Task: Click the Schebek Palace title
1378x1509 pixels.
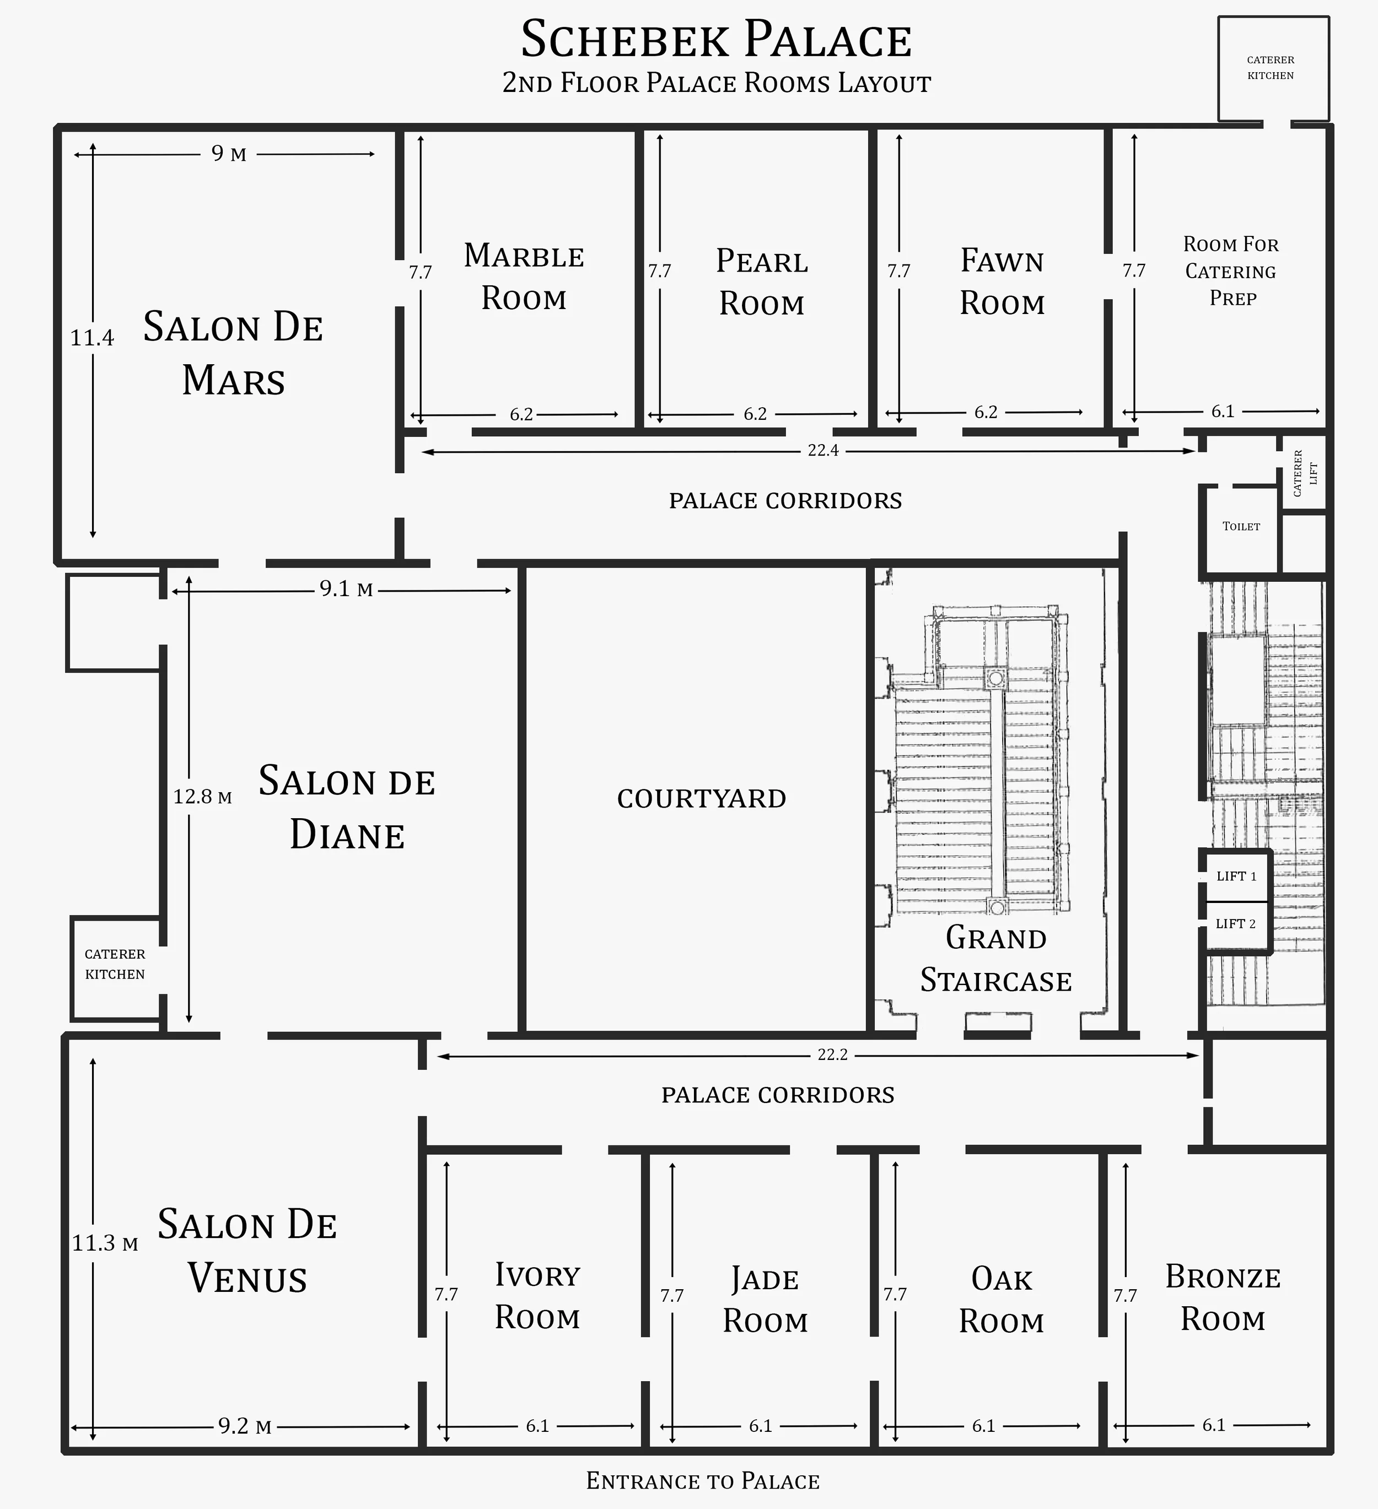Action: coord(716,40)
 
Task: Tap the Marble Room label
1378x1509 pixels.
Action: coord(524,277)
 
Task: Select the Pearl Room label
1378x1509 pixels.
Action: coord(762,282)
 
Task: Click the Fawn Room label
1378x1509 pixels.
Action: coord(1002,282)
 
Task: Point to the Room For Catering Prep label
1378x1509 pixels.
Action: coord(1231,271)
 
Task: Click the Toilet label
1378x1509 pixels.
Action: coord(1241,526)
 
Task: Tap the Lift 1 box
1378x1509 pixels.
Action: coord(1236,876)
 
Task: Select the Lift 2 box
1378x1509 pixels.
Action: coord(1236,924)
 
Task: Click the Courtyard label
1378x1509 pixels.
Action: coord(702,799)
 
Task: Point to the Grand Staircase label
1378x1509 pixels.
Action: coord(996,959)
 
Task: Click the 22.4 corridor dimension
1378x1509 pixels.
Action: coord(822,451)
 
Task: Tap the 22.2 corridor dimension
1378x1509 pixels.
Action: coord(832,1054)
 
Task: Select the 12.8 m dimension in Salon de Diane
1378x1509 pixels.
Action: coord(202,797)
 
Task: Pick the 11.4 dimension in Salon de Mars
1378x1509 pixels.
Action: coord(92,338)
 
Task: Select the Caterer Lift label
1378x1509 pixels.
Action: coord(1305,473)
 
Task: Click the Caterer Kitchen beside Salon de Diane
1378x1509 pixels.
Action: coord(115,964)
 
